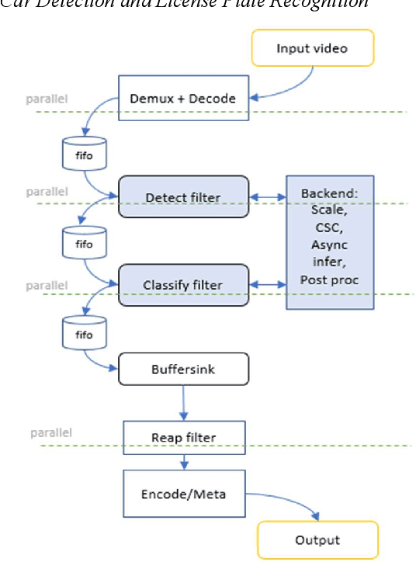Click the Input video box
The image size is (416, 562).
pyautogui.click(x=312, y=48)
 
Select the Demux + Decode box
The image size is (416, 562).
pyautogui.click(x=182, y=98)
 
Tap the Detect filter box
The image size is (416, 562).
pyautogui.click(x=183, y=197)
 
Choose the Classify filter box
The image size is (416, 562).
pyautogui.click(x=183, y=285)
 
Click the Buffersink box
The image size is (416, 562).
pyautogui.click(x=183, y=369)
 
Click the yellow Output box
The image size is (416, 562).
pyautogui.click(x=318, y=540)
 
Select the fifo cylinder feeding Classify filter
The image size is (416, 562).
pyautogui.click(x=84, y=244)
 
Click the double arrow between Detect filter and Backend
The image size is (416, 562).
pyautogui.click(x=267, y=198)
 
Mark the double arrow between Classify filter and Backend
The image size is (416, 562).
pyautogui.click(x=267, y=286)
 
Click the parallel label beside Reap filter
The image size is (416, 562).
pyautogui.click(x=51, y=432)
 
